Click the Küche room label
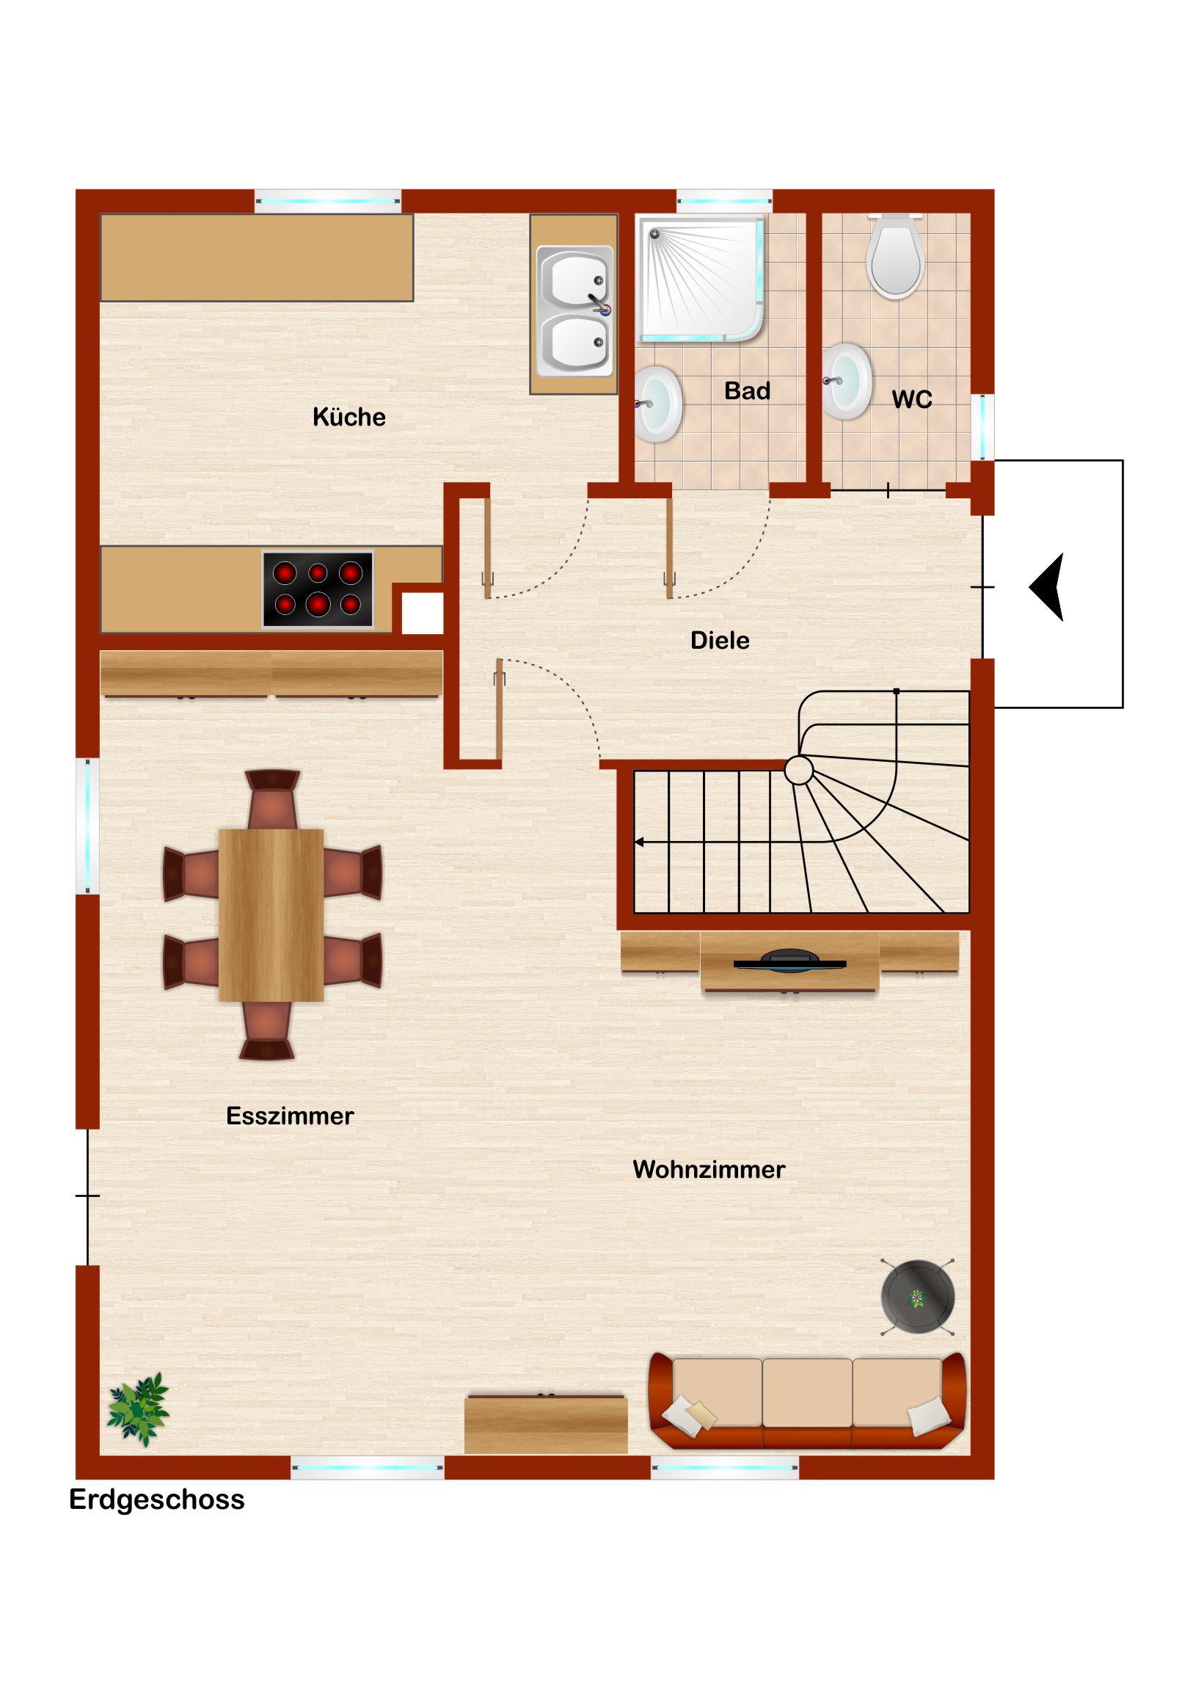[x=349, y=417]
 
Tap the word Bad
[x=747, y=390]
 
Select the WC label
[x=911, y=399]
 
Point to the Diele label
[x=720, y=640]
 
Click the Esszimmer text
[x=290, y=1116]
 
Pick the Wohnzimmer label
[x=709, y=1169]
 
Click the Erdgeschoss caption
[x=156, y=1499]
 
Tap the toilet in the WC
[x=894, y=257]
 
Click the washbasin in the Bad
[x=658, y=404]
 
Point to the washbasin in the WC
[x=846, y=381]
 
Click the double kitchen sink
[x=574, y=311]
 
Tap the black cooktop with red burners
[x=318, y=589]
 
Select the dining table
[x=271, y=914]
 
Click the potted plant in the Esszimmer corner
[x=138, y=1408]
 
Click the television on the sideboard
[x=789, y=961]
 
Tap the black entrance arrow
[x=1047, y=587]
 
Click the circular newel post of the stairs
[x=798, y=771]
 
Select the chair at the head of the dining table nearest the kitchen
[x=272, y=800]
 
